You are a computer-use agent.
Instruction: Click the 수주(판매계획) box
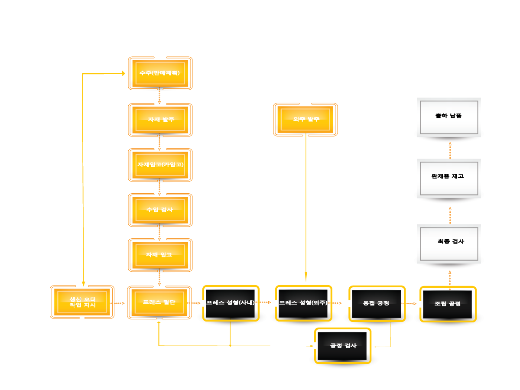click(x=160, y=73)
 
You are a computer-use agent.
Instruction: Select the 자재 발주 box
click(x=160, y=120)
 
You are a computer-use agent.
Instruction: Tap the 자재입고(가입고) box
click(x=160, y=165)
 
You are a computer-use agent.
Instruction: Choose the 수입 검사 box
click(x=160, y=210)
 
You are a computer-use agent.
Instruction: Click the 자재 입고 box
click(x=160, y=255)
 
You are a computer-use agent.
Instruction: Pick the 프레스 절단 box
click(x=159, y=302)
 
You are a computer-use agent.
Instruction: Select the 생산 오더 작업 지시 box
click(x=82, y=302)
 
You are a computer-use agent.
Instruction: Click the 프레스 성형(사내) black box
click(x=231, y=303)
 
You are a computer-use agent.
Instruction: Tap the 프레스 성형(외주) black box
click(x=303, y=303)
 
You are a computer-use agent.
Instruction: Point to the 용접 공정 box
click(x=377, y=303)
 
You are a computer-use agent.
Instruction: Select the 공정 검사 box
click(x=343, y=346)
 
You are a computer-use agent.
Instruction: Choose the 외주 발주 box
click(x=305, y=119)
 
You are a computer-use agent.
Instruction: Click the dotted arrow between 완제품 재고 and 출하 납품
click(x=450, y=150)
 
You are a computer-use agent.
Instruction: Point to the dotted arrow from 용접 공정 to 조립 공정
click(x=409, y=304)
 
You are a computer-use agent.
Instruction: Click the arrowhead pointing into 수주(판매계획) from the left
click(x=123, y=74)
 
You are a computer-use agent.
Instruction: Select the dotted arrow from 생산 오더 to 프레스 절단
click(x=118, y=303)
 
